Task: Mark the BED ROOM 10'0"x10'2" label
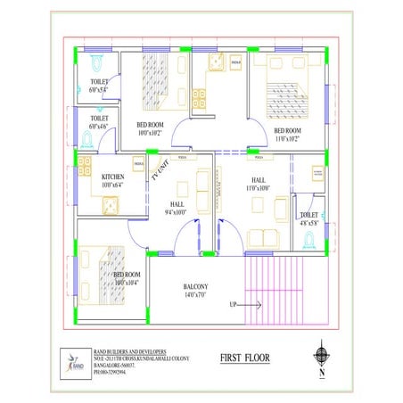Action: tap(149, 129)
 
